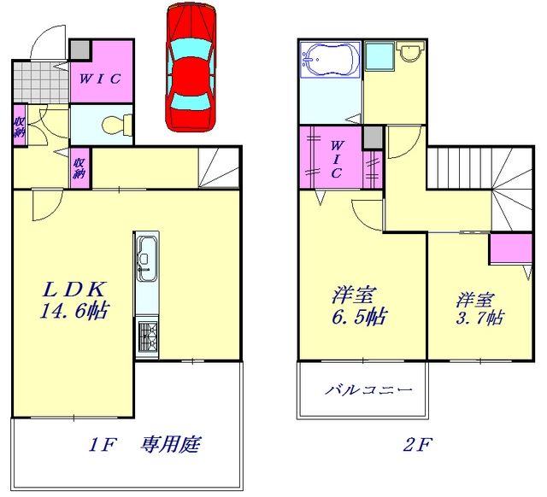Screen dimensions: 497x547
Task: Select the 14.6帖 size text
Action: coord(72,311)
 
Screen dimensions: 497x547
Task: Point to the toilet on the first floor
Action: coord(115,126)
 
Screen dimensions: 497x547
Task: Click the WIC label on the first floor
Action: coord(100,79)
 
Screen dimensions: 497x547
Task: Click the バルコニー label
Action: coord(368,391)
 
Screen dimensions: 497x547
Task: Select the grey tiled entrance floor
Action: coord(41,82)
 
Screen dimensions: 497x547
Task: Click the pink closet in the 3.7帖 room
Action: coord(506,249)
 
